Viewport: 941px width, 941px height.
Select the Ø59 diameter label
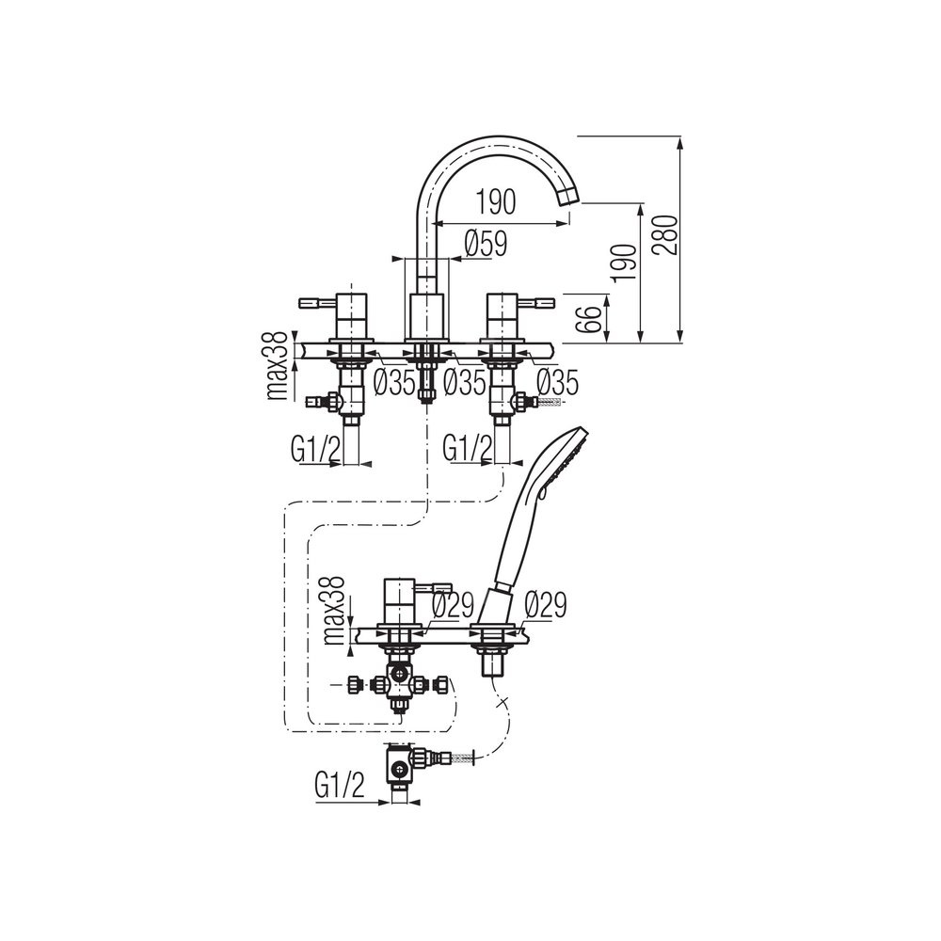point(486,245)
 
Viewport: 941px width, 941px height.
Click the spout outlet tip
point(569,197)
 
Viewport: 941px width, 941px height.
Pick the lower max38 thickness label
point(335,610)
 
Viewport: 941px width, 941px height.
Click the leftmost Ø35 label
point(394,382)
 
